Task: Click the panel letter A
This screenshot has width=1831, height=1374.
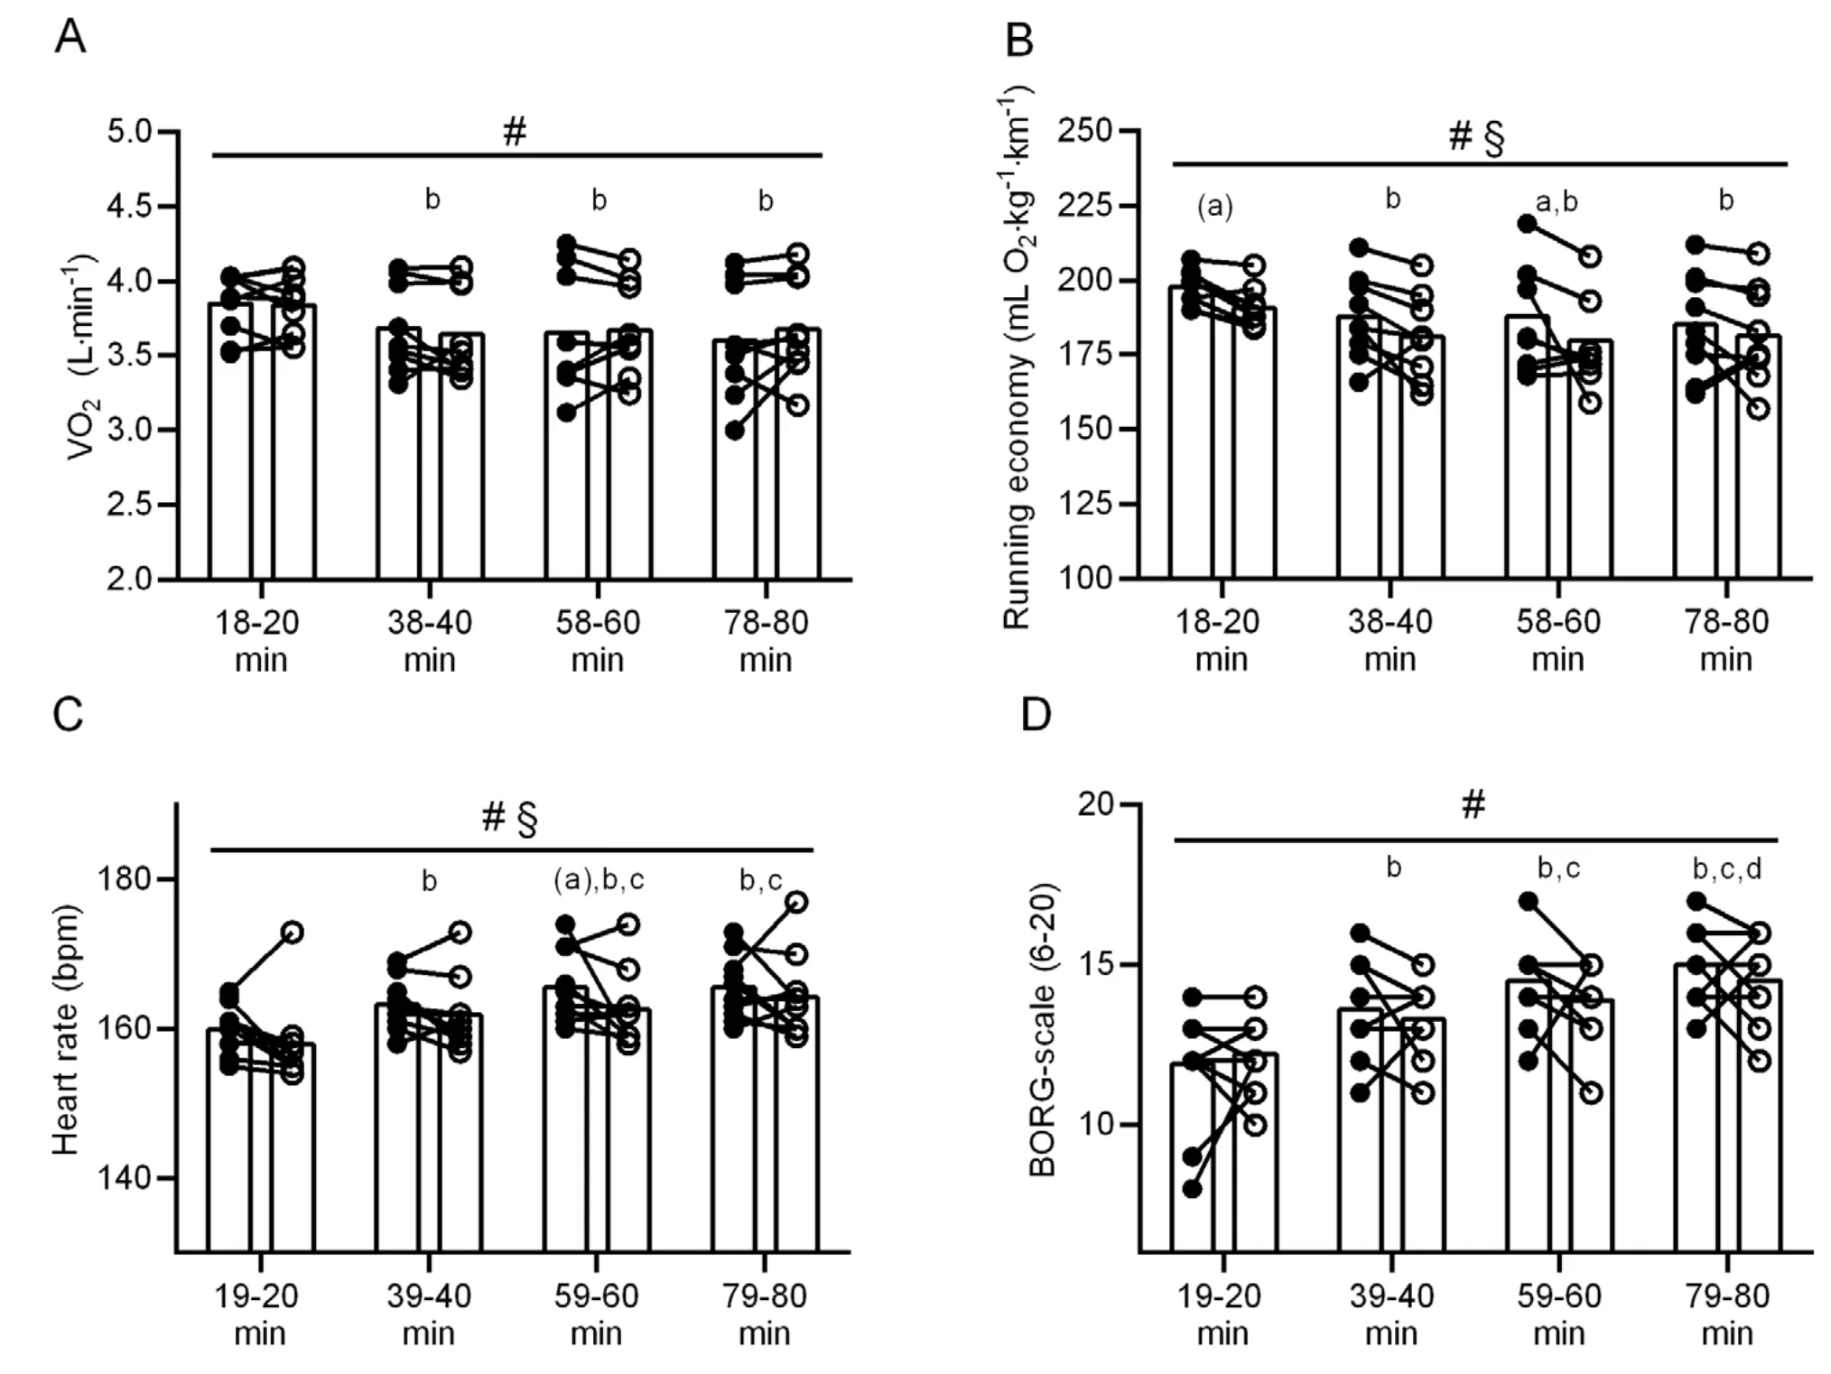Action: [70, 38]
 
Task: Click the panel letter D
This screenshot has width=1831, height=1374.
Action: [1036, 715]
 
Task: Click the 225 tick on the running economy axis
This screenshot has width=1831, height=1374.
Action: [1090, 206]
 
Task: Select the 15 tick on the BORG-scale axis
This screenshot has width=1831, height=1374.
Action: [1097, 965]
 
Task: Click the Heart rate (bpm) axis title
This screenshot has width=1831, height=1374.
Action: [65, 1029]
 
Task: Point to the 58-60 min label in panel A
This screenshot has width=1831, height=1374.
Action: [598, 640]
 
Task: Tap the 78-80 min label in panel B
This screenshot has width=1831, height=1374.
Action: [1726, 639]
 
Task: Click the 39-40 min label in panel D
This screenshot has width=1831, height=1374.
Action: [1391, 1314]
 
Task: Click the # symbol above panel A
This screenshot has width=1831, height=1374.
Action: [515, 133]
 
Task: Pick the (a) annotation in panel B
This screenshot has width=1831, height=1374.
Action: [1214, 207]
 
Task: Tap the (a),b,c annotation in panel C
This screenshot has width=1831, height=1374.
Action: [599, 880]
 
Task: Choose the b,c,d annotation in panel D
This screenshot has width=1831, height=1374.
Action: [1726, 869]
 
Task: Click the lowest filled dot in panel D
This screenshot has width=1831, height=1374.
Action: [1192, 1189]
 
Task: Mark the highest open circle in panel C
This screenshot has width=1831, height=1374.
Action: [796, 901]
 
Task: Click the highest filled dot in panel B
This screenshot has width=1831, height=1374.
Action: [1528, 223]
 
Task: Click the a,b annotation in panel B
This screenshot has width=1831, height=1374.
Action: [1557, 201]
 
